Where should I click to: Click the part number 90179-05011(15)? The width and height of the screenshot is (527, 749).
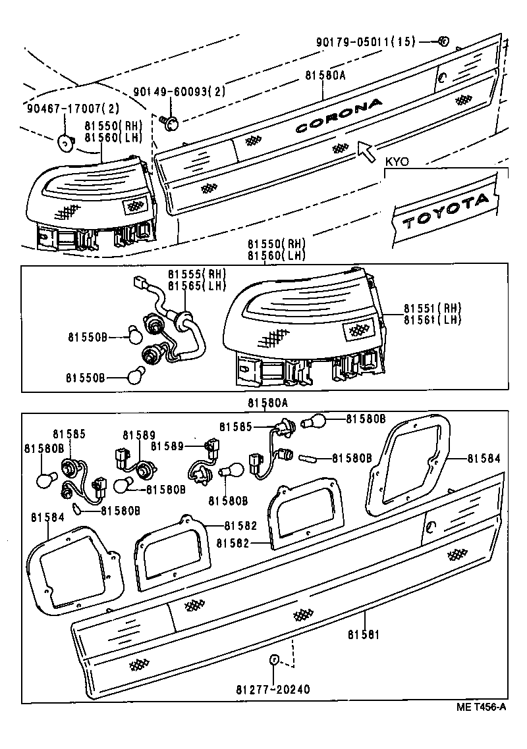[x=366, y=41]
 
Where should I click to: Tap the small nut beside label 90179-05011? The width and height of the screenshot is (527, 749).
[x=442, y=41]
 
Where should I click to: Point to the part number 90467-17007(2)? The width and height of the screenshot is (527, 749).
[x=64, y=108]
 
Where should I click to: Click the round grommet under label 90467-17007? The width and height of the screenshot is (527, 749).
[x=66, y=140]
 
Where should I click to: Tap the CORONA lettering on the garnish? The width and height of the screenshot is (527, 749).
[x=339, y=116]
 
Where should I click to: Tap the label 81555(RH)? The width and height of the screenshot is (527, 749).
[x=196, y=274]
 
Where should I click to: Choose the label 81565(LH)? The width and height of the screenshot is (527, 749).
[x=196, y=286]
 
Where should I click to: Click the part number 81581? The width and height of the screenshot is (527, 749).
[x=364, y=634]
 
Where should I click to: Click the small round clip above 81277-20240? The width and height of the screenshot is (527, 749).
[x=273, y=659]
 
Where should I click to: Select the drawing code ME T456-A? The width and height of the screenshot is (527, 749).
[x=482, y=707]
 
